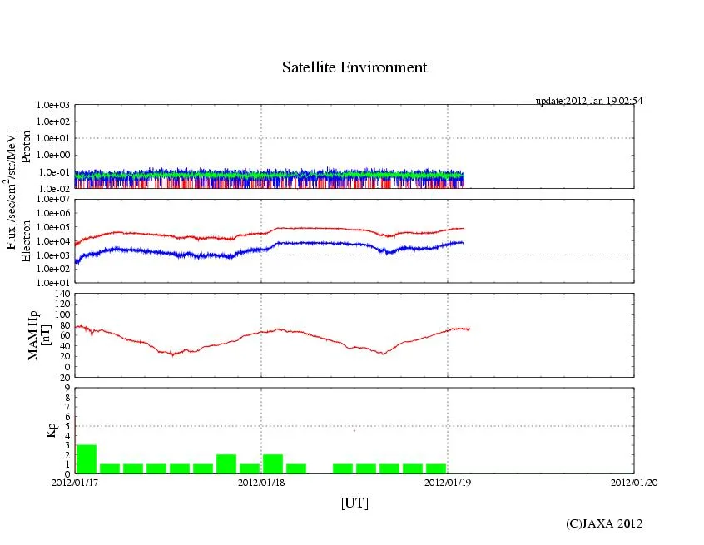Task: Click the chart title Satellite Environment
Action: click(x=354, y=67)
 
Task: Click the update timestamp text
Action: click(x=588, y=101)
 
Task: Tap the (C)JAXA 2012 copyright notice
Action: click(x=603, y=523)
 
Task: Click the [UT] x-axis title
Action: click(x=354, y=503)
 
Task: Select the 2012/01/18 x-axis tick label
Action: click(x=261, y=481)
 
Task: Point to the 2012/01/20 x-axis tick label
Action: click(x=634, y=481)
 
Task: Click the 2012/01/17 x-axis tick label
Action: click(x=75, y=481)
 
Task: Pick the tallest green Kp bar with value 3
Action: click(x=87, y=458)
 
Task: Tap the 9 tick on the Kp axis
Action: click(x=67, y=387)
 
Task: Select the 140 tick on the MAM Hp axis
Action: click(x=62, y=294)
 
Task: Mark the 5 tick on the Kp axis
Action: click(x=67, y=426)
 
